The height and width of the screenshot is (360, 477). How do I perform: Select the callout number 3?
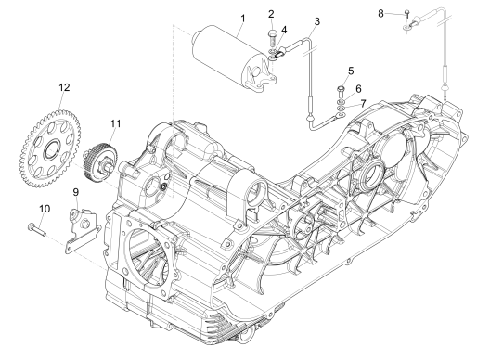point(317,21)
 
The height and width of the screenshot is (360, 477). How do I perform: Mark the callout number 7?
point(364,101)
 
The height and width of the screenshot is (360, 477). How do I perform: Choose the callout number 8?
point(380,13)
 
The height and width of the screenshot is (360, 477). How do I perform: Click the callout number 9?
point(76,192)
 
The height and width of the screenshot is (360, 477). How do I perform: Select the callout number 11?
point(115,122)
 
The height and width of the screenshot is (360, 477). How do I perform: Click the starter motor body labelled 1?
point(222,57)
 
